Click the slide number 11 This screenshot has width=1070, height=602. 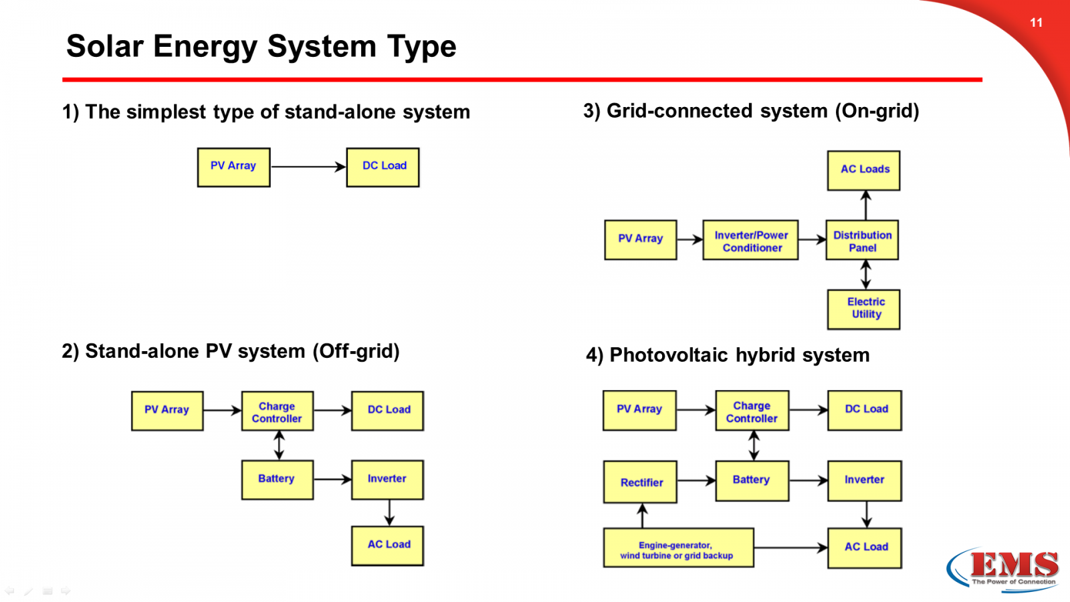(1036, 23)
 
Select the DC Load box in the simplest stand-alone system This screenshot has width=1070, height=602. (383, 167)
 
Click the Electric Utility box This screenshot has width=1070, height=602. (863, 309)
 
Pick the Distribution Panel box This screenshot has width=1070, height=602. (862, 241)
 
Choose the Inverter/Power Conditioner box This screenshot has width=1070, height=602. (750, 241)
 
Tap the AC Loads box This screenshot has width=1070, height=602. (863, 171)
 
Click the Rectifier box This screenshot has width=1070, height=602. (640, 482)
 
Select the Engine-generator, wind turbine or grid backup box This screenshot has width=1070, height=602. (678, 548)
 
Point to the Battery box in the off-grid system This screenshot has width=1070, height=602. (277, 480)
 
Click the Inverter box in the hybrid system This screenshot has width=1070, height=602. (864, 480)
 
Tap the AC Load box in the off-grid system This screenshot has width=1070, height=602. (388, 546)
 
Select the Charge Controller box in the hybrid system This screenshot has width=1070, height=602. (752, 411)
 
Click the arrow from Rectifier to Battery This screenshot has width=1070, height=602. (696, 480)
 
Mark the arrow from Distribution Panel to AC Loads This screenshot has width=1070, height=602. (865, 205)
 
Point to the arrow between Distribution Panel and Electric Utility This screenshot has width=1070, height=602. (865, 274)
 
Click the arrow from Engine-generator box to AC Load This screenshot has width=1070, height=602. (790, 548)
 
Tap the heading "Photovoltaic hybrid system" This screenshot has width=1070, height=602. (739, 355)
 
